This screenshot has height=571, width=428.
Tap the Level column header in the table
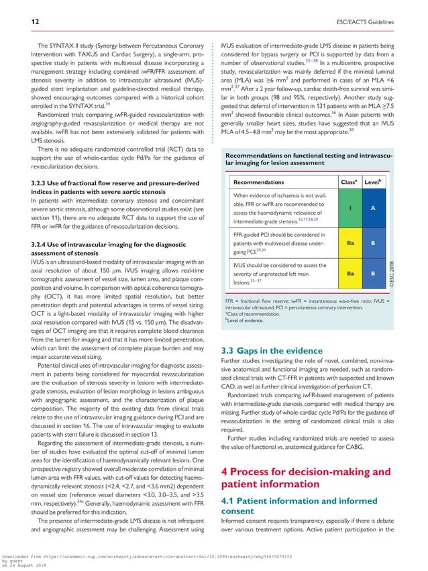(374, 182)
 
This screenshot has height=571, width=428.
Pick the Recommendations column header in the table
(258, 182)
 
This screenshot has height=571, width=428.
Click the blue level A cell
(374, 208)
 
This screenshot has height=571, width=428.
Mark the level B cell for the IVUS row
(374, 274)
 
